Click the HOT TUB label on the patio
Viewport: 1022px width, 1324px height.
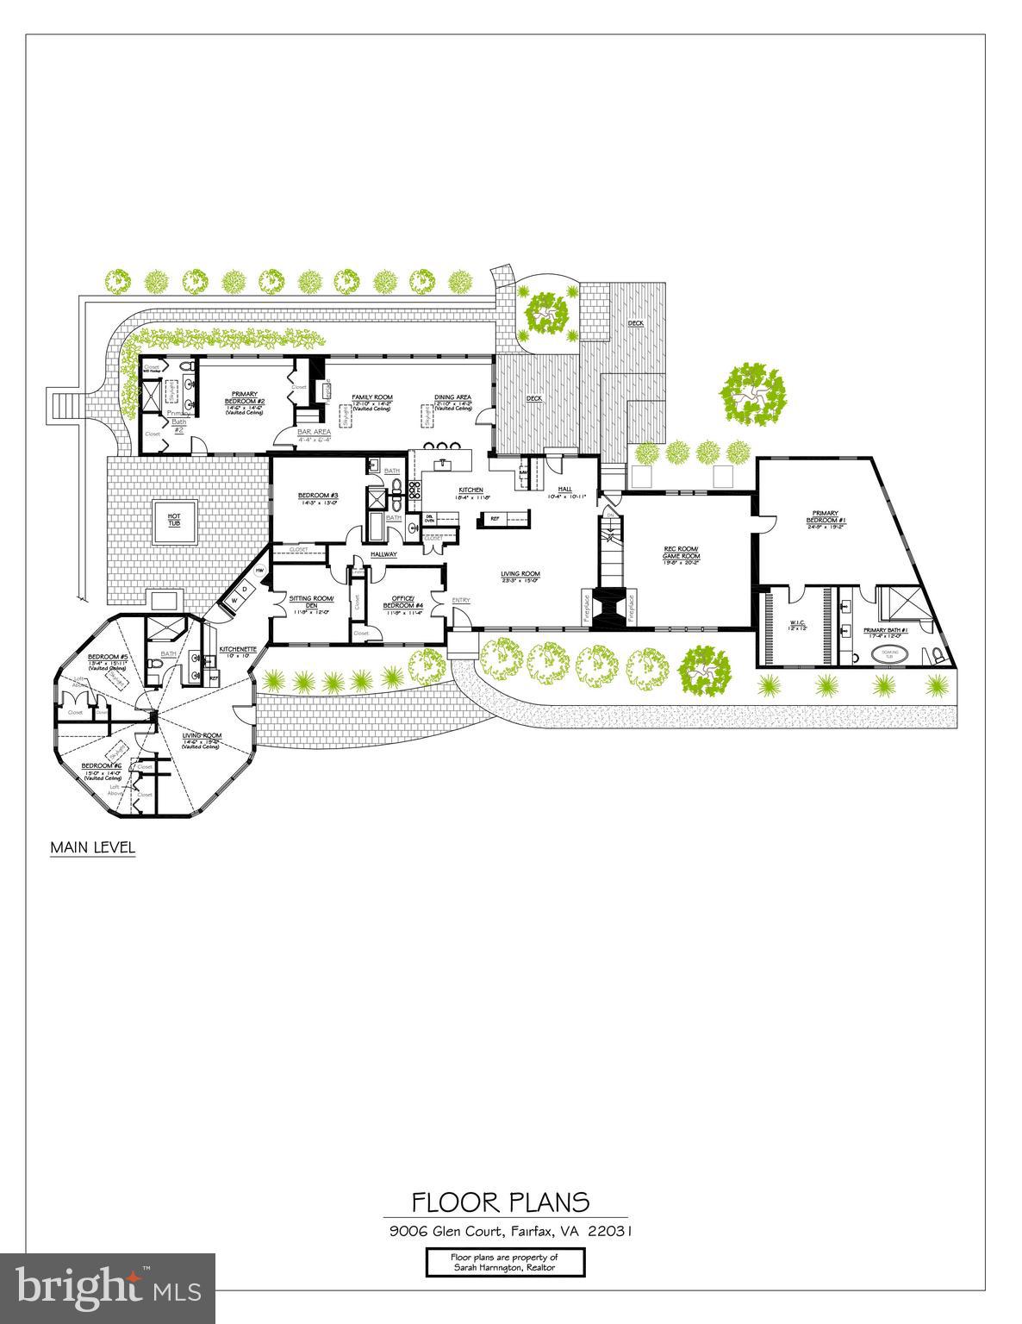pos(174,519)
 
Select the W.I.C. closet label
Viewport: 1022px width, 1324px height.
pos(796,624)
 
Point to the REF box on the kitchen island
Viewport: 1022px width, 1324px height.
pos(495,519)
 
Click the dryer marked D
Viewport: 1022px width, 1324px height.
pos(245,588)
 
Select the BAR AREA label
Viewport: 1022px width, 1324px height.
pos(314,432)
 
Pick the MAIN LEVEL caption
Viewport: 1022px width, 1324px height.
pos(92,847)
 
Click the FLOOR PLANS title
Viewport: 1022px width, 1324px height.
pos(500,1202)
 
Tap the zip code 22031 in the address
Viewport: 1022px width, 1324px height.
pos(609,1231)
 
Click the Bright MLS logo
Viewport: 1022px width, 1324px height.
pos(108,1288)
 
